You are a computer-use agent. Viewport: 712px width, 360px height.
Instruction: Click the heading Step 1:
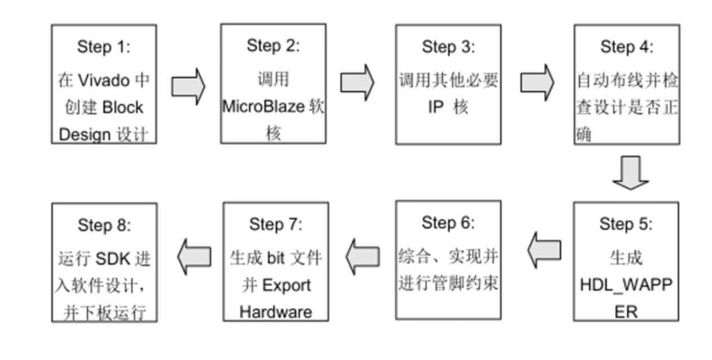(x=104, y=47)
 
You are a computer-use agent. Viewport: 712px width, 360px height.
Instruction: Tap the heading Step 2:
(x=273, y=46)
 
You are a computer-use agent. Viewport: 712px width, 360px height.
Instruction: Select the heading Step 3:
(x=448, y=47)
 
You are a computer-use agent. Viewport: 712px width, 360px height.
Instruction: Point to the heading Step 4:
(x=626, y=47)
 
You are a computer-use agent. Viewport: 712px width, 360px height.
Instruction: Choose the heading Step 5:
(x=626, y=224)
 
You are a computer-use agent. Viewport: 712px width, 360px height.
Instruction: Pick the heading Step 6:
(x=448, y=223)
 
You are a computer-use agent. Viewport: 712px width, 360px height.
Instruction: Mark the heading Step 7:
(x=275, y=224)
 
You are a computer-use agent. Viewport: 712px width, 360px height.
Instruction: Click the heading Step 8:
(x=104, y=226)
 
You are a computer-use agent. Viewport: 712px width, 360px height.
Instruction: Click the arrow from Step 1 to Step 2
(x=188, y=86)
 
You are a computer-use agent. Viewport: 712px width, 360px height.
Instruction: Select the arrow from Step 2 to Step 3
(x=357, y=83)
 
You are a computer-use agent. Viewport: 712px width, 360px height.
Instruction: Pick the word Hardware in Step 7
(x=275, y=312)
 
